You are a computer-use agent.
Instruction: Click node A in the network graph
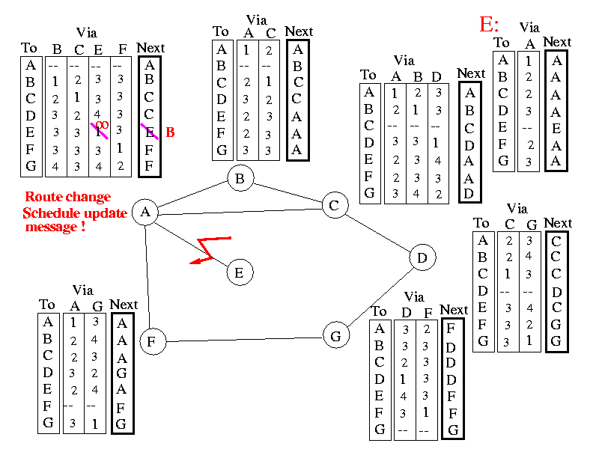145,213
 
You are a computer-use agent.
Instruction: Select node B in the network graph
240,179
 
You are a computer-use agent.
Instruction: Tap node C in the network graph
335,206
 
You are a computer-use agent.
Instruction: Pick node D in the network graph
422,258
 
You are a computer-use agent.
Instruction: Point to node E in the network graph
239,272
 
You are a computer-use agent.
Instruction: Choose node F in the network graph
152,342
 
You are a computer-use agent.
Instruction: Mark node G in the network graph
335,336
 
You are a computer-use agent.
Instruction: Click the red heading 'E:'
489,24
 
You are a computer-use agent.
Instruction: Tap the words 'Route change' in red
67,198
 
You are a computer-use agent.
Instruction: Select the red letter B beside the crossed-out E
170,132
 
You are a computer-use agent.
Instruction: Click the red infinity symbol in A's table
103,125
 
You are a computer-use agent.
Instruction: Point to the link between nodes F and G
243,339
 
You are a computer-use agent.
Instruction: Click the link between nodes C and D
380,232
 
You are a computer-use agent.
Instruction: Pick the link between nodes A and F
148,277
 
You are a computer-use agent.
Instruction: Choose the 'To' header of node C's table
368,75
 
